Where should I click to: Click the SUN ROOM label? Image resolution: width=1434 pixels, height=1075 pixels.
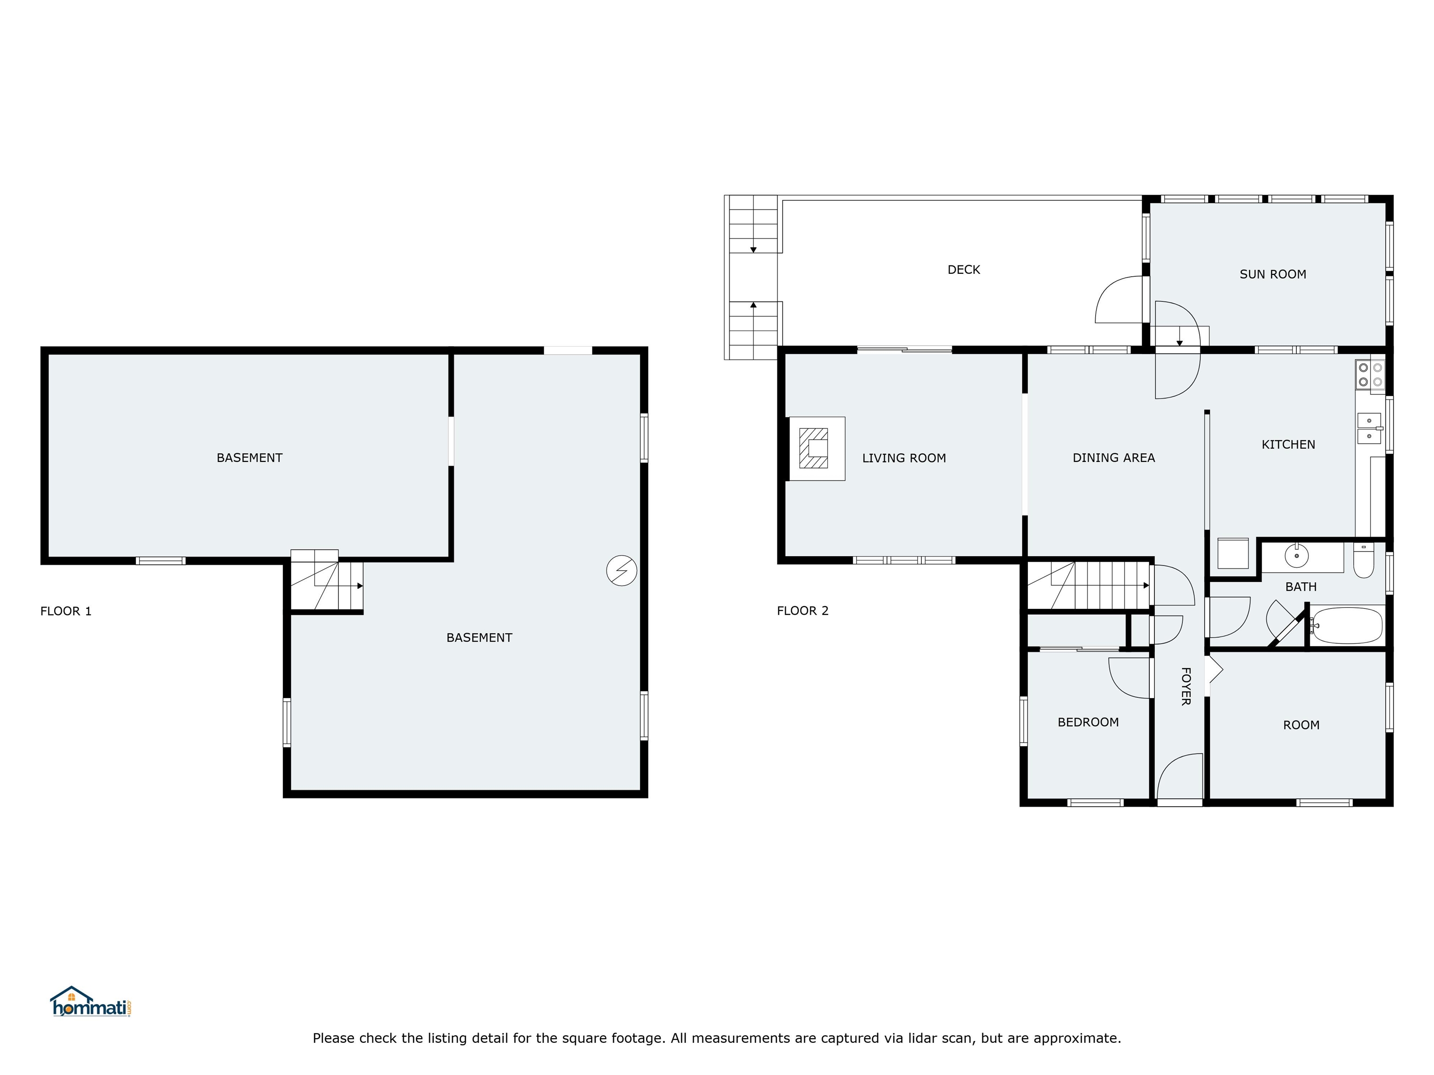coord(1272,274)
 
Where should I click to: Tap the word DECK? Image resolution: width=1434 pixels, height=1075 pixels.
coord(963,270)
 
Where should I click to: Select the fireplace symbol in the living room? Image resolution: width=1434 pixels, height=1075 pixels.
coord(814,448)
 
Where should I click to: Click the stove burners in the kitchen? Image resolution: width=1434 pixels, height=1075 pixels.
coord(1370,375)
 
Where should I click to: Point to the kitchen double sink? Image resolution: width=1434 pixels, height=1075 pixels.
coord(1369,428)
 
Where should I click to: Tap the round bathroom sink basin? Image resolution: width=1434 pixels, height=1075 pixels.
coord(1296,555)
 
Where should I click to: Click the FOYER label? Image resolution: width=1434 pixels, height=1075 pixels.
coord(1185,686)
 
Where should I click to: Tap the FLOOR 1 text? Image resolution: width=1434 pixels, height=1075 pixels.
coord(65,611)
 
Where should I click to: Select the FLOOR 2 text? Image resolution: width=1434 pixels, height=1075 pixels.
coord(802,610)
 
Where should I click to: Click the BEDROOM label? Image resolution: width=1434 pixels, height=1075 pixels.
coord(1088,722)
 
